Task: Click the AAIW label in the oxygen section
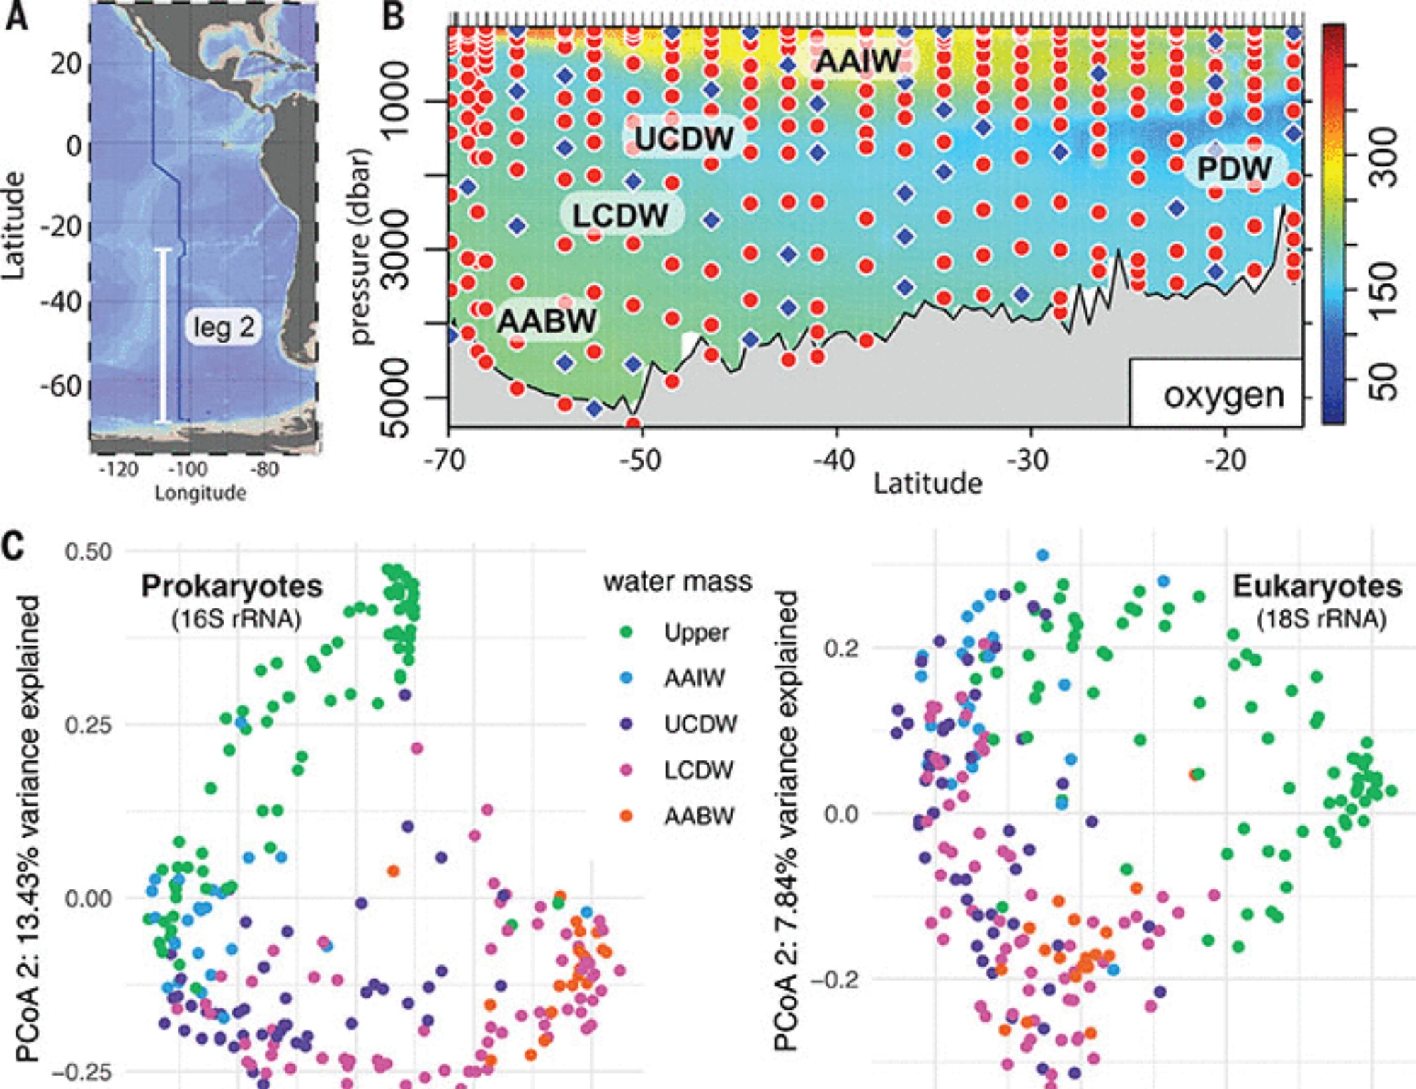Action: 858,61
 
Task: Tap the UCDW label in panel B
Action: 684,138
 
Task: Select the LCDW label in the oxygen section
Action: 620,215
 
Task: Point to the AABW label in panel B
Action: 547,321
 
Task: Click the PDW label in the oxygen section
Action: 1234,169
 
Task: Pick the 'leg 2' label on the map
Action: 224,327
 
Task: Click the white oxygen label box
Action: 1216,393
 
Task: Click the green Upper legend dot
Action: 626,632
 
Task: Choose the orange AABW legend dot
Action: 626,816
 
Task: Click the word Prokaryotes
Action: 232,586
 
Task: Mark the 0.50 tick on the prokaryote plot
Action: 88,552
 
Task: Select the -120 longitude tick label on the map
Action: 118,469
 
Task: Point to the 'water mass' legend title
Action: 677,581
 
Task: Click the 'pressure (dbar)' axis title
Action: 361,246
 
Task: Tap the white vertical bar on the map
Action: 164,336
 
